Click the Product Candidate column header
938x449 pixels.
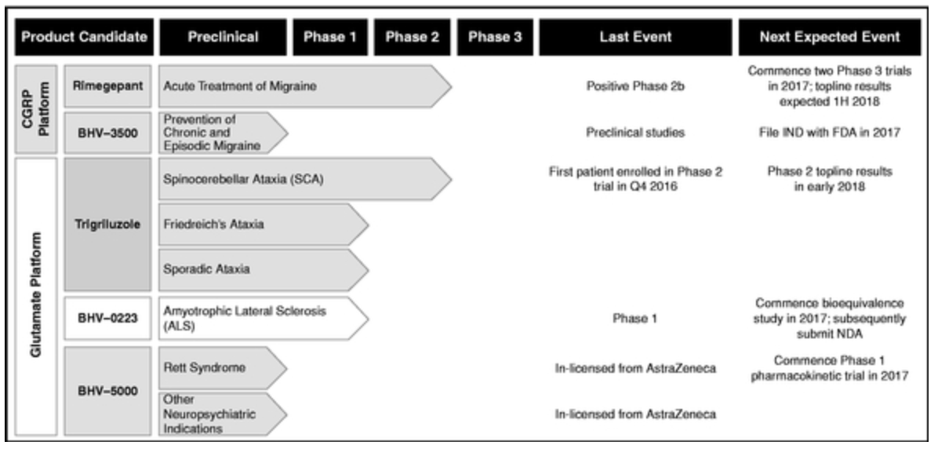(85, 37)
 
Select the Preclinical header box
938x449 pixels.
(224, 37)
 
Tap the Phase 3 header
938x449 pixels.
(495, 37)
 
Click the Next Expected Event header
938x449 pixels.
(830, 37)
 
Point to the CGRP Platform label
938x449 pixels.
(36, 109)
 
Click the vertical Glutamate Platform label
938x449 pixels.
(36, 297)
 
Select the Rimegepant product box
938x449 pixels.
(107, 86)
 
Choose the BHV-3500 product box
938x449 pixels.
(107, 133)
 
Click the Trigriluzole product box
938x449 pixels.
(107, 224)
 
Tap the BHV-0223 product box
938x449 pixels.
(107, 318)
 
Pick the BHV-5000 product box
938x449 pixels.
(107, 391)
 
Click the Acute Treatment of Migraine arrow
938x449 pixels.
(304, 86)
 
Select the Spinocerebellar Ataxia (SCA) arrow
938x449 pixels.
(304, 179)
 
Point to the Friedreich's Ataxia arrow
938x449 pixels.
(264, 224)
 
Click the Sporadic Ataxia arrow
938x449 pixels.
(264, 270)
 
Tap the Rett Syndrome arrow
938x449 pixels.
(223, 368)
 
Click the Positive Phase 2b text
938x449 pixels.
(634, 86)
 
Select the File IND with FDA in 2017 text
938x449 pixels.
(830, 133)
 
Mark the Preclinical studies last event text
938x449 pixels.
(634, 133)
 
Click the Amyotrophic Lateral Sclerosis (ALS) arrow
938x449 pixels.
(264, 318)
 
